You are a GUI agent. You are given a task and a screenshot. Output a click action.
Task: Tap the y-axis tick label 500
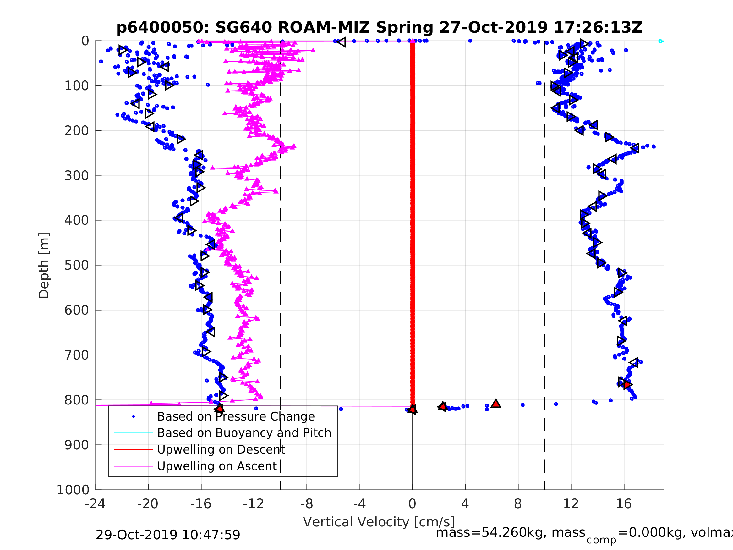(x=77, y=265)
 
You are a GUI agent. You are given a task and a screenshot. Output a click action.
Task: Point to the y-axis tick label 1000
(x=73, y=490)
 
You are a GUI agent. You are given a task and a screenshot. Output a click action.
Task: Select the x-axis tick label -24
(x=95, y=504)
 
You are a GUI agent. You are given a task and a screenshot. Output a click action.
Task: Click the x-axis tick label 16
(x=624, y=504)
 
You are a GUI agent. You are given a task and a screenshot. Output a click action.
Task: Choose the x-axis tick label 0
(x=412, y=504)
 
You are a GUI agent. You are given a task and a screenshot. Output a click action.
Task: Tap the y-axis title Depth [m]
(x=44, y=266)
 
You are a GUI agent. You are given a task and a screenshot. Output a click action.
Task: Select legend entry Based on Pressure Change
(x=236, y=416)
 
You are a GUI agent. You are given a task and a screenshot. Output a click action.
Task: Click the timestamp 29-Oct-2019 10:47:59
(x=168, y=535)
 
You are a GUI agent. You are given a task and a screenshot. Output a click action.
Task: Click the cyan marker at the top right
(x=660, y=41)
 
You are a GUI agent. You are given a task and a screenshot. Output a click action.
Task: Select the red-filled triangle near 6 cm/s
(x=496, y=404)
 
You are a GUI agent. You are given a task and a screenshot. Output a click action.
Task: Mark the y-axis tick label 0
(x=85, y=41)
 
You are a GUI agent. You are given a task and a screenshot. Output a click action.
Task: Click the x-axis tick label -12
(x=254, y=504)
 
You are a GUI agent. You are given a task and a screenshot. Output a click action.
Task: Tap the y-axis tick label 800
(x=77, y=400)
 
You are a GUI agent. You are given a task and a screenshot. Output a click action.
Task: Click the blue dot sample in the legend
(x=134, y=416)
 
